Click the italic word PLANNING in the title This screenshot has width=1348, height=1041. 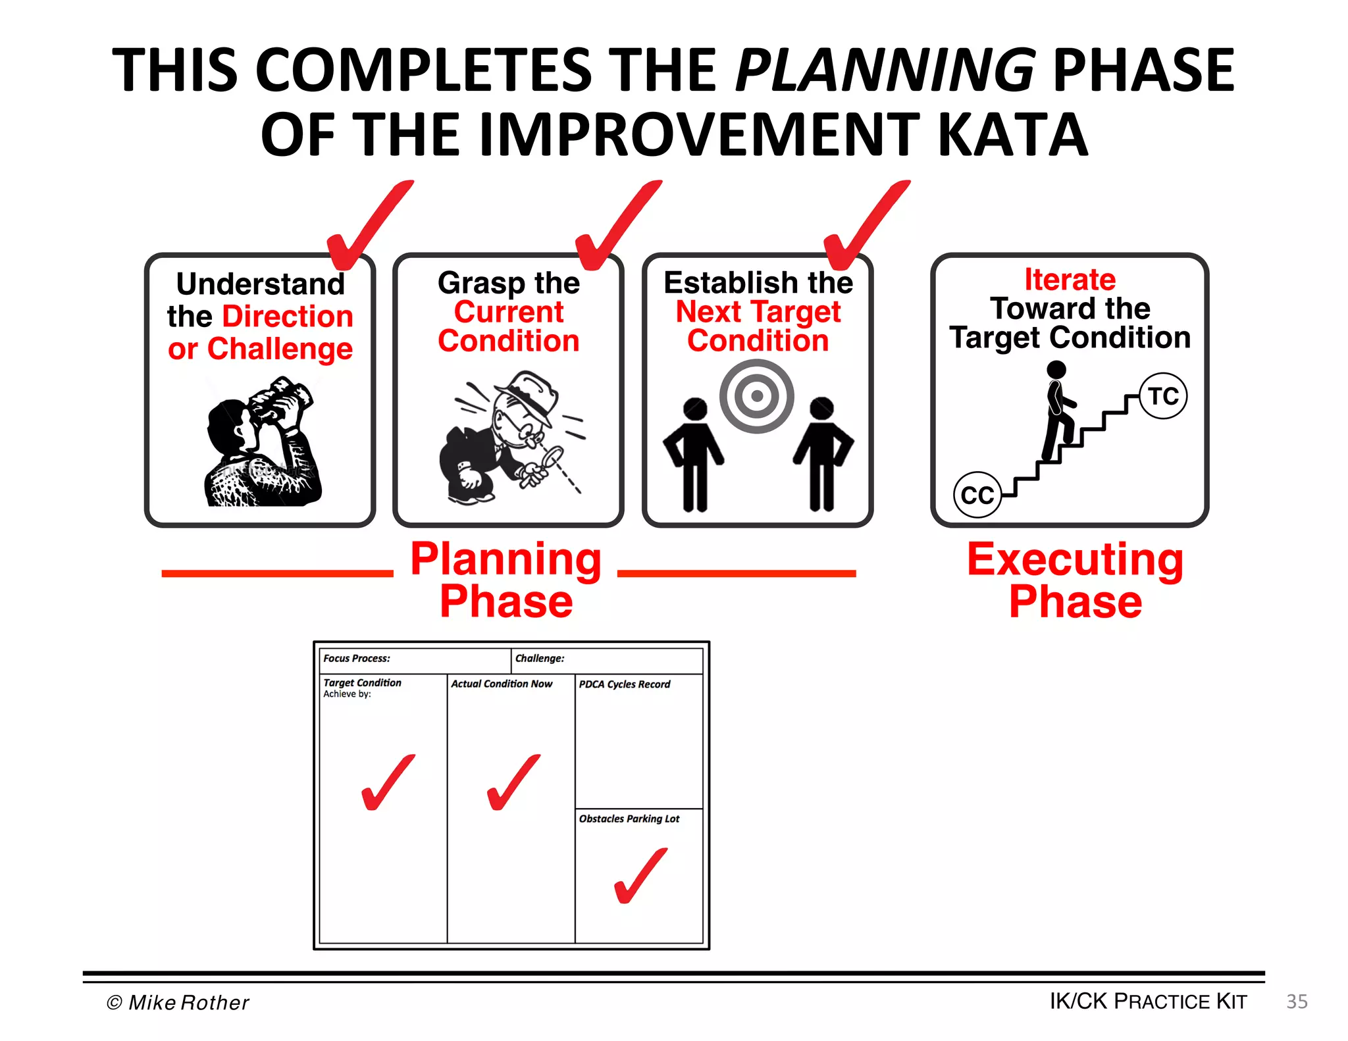[x=885, y=71]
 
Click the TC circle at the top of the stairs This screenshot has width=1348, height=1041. [x=1163, y=396]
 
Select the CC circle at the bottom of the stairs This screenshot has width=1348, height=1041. [x=977, y=495]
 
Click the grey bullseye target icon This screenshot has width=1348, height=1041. [x=756, y=396]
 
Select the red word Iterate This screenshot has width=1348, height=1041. [x=1070, y=280]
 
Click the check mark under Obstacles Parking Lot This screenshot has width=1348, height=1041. [x=640, y=876]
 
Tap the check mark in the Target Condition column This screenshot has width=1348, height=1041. [x=388, y=783]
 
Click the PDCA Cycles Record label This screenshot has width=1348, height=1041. [x=624, y=684]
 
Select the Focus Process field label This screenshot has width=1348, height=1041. [x=357, y=658]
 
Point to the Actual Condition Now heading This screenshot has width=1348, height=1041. [x=502, y=684]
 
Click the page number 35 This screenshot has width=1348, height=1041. [x=1297, y=1002]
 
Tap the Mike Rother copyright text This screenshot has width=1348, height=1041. [x=178, y=1002]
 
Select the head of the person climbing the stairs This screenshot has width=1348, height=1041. [x=1056, y=370]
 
